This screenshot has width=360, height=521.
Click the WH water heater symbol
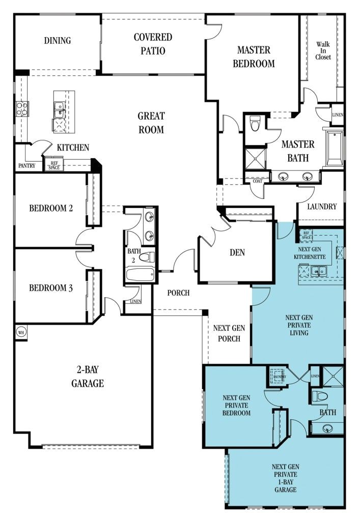[x=21, y=332]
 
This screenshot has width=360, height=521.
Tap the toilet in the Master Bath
[x=256, y=122]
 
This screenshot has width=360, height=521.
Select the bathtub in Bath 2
[x=140, y=275]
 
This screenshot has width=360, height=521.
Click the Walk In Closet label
[x=323, y=51]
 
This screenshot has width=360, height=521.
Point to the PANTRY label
[x=26, y=166]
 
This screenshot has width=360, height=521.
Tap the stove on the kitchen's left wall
[x=22, y=108]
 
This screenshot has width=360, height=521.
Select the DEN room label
[x=238, y=252]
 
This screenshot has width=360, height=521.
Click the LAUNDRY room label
[x=322, y=207]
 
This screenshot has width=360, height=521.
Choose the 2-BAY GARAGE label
[x=87, y=378]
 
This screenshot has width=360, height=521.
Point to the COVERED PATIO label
[x=153, y=44]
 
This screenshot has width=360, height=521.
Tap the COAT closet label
[x=255, y=181]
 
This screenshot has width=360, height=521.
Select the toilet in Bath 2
[x=146, y=257]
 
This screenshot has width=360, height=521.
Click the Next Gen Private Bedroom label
[x=236, y=406]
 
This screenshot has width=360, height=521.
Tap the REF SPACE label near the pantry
[x=53, y=165]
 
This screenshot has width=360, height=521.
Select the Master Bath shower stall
[x=255, y=157]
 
